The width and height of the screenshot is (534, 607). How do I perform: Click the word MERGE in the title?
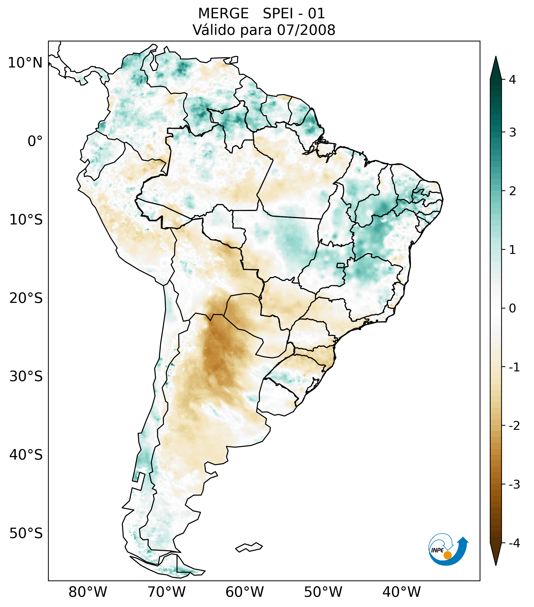coord(223,14)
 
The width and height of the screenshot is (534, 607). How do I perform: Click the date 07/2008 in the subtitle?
coord(306,30)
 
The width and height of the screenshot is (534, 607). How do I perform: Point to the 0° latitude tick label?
coord(35,141)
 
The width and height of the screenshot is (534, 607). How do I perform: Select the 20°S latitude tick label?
coord(26,298)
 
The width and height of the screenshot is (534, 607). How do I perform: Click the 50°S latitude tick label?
coord(26,533)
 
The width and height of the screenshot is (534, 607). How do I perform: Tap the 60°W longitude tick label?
coord(244,592)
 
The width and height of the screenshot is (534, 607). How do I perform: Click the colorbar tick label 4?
coord(512,80)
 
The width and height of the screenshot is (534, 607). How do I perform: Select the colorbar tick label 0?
coord(512,308)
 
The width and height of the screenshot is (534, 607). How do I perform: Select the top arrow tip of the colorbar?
coord(495,57)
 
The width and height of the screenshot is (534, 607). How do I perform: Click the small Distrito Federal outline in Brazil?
coord(340,265)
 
